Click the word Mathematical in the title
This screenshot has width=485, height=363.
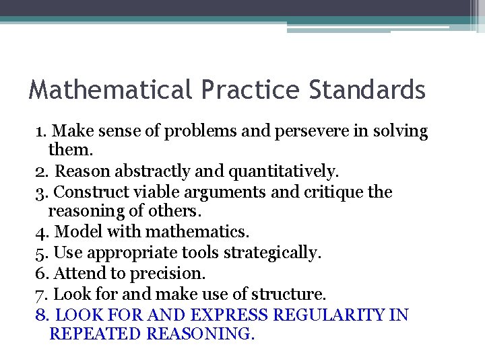pyautogui.click(x=108, y=90)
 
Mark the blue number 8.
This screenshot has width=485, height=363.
pyautogui.click(x=41, y=315)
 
